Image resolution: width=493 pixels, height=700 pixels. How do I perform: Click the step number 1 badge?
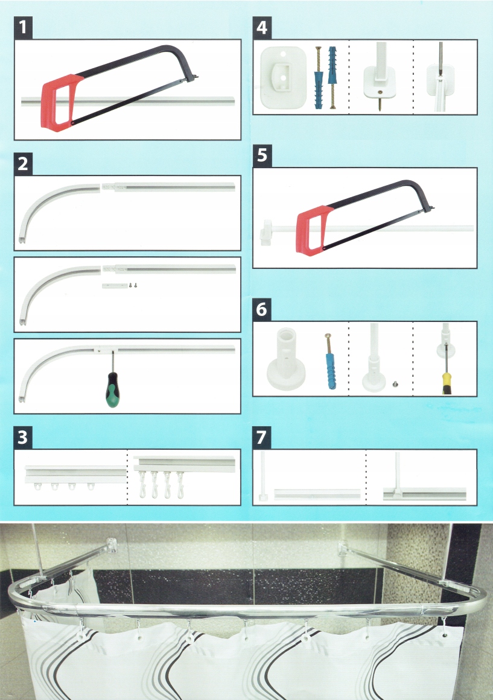pyautogui.click(x=23, y=28)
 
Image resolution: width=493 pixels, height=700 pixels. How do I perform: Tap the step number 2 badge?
pyautogui.click(x=23, y=163)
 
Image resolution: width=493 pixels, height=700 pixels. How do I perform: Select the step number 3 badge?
pyautogui.click(x=23, y=437)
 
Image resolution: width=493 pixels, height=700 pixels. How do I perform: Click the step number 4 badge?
pyautogui.click(x=262, y=28)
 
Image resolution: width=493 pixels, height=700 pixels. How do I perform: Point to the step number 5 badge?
pyautogui.click(x=262, y=156)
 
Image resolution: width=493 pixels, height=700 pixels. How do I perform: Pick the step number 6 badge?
pyautogui.click(x=262, y=309)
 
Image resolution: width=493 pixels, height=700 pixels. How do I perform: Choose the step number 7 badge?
pyautogui.click(x=262, y=437)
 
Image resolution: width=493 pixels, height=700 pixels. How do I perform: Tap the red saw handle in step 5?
pyautogui.click(x=312, y=230)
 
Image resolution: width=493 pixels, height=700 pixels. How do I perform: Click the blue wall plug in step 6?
pyautogui.click(x=330, y=370)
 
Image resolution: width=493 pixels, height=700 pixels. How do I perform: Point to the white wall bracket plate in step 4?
pyautogui.click(x=283, y=77)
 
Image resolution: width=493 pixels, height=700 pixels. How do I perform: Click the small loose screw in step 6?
pyautogui.click(x=395, y=383)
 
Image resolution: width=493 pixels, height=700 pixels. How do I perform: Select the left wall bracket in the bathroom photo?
pyautogui.click(x=111, y=546)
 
